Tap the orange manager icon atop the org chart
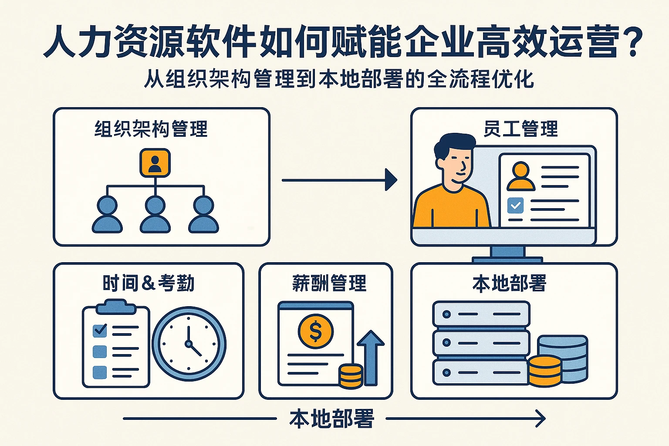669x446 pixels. click(x=155, y=163)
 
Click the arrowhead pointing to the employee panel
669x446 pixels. click(x=391, y=180)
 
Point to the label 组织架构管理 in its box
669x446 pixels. click(x=151, y=129)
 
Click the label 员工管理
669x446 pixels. click(x=520, y=129)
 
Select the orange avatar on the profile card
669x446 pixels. click(x=521, y=177)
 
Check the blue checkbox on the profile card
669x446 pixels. click(x=516, y=205)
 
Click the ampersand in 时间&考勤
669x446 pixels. click(x=148, y=284)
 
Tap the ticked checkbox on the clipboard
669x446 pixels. click(x=100, y=330)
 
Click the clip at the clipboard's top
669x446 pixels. click(x=116, y=307)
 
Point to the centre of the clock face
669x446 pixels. click(x=189, y=344)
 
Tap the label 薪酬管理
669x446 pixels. click(x=329, y=284)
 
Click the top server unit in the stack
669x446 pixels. click(x=481, y=314)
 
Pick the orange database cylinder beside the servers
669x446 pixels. click(x=545, y=371)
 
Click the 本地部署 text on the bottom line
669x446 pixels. click(x=331, y=419)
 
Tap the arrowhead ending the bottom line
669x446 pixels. click(x=541, y=419)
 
